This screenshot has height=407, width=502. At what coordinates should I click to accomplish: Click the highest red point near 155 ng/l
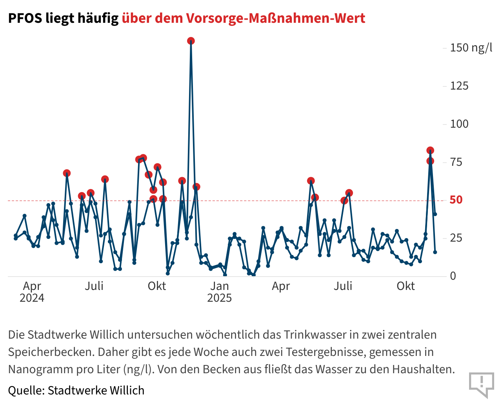coord(191,41)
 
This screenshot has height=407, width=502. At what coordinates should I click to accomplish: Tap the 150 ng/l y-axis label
coord(471,48)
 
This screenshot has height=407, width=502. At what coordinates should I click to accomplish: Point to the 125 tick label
coord(459,86)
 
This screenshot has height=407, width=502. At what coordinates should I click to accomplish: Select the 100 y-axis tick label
coord(459,124)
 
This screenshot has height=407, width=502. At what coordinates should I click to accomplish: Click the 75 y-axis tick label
coord(456,162)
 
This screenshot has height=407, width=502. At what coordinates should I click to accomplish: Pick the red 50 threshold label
coord(456,200)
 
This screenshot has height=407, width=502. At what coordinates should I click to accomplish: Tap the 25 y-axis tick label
coord(456,238)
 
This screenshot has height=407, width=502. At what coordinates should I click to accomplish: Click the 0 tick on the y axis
coord(453,276)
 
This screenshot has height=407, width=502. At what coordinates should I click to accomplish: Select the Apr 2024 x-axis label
coord(32,291)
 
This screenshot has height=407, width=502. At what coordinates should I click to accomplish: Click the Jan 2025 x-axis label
coord(220,291)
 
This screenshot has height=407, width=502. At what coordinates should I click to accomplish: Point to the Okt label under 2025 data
coord(406,286)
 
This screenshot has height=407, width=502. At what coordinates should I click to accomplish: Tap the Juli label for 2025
coord(343,286)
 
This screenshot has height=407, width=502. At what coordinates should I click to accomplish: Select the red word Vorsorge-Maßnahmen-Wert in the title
coord(276,18)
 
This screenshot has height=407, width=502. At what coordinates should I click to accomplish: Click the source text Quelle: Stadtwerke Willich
coord(76,390)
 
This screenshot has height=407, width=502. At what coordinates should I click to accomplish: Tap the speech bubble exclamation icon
coord(482,384)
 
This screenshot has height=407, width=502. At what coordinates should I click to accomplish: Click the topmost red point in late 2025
coord(430,150)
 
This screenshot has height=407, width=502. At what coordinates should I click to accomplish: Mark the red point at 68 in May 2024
coord(67,173)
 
